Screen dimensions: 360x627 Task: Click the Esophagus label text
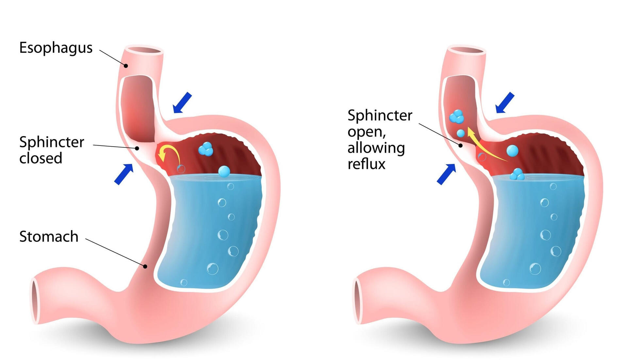(56, 48)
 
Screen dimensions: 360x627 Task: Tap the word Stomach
(49, 236)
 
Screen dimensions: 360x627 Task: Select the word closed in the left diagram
(41, 158)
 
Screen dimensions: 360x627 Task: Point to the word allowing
(376, 148)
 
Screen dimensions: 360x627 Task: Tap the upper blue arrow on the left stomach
(182, 102)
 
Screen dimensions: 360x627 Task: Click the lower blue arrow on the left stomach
(124, 174)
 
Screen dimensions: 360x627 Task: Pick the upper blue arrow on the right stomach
(505, 102)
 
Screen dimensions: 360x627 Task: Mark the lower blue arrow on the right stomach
(446, 174)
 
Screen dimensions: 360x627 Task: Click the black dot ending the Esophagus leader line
(126, 66)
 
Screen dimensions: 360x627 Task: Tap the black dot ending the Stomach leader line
(145, 266)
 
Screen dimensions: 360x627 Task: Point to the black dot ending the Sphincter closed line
(137, 148)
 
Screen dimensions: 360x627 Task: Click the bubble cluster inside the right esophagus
(456, 116)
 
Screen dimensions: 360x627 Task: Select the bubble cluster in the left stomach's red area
(206, 149)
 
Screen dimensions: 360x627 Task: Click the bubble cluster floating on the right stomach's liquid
(517, 175)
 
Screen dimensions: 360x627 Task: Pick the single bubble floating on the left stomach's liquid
(224, 171)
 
